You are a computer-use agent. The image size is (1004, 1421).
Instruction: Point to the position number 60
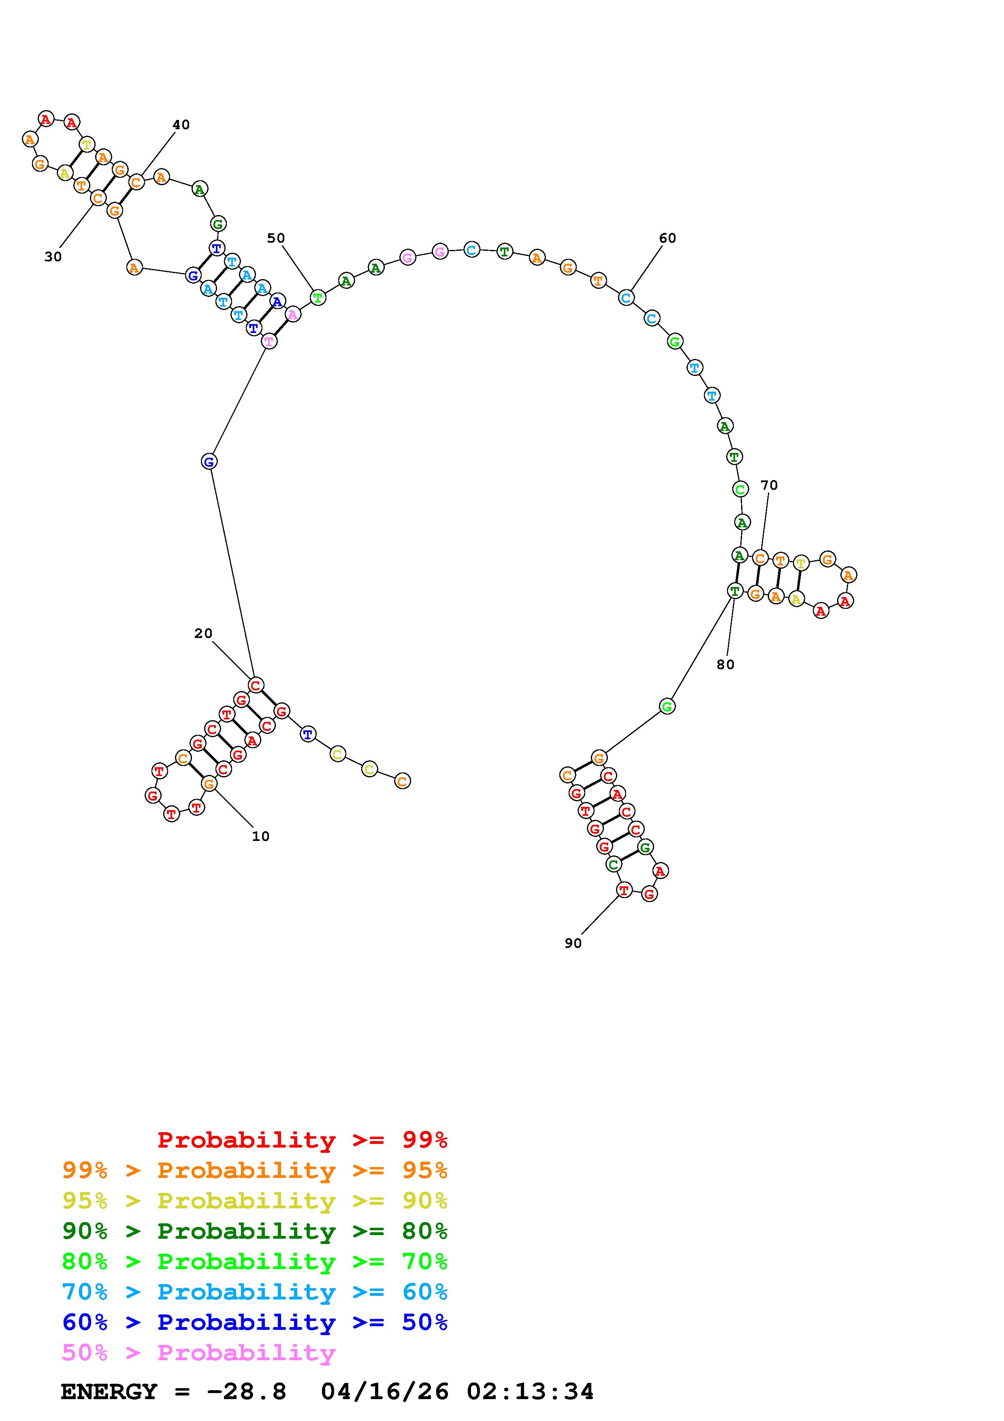pyautogui.click(x=667, y=238)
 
